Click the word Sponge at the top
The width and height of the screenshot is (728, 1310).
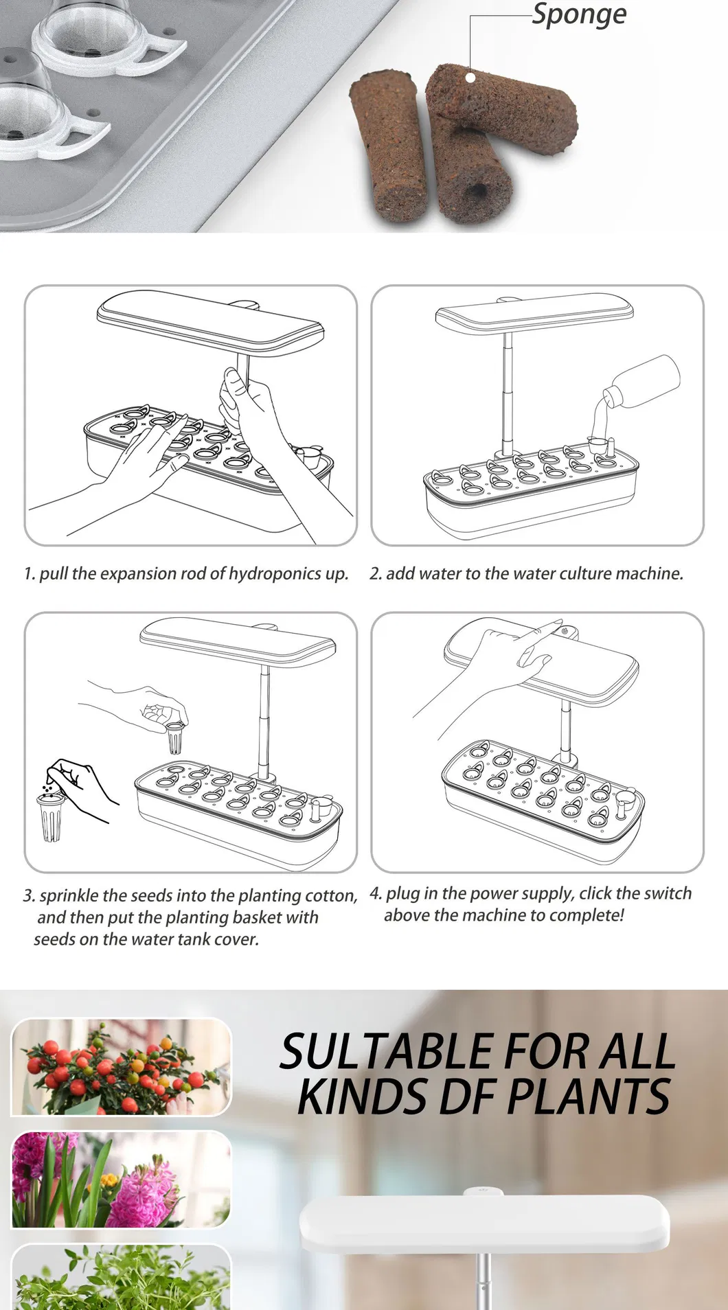[x=579, y=14]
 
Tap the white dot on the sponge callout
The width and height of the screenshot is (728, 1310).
[x=470, y=77]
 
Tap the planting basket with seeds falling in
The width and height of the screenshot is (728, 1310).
[x=51, y=816]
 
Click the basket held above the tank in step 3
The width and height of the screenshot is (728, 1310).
[x=175, y=737]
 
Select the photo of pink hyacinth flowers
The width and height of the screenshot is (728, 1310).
[x=121, y=1180]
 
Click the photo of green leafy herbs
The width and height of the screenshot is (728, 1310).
[x=121, y=1277]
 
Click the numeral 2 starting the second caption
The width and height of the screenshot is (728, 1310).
[x=375, y=574]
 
